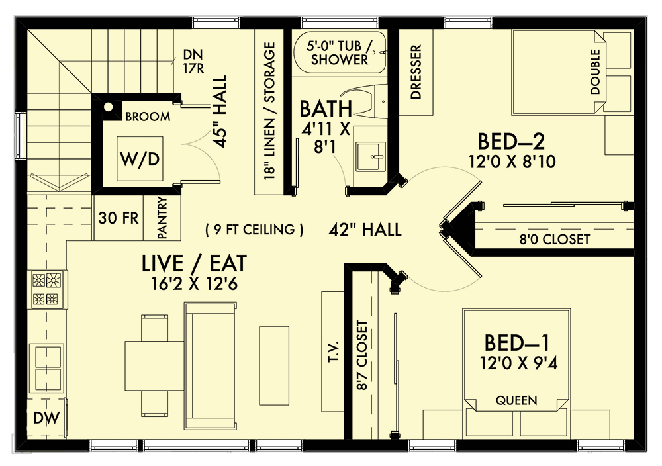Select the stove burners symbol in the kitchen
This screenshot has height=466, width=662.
point(48,289)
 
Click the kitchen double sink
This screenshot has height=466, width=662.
point(48,367)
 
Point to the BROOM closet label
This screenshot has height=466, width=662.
point(147,117)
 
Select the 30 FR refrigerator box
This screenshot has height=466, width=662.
point(116,218)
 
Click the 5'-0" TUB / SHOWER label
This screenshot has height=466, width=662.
point(340,53)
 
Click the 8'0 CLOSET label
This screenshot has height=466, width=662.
point(555,239)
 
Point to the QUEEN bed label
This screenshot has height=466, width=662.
point(517,400)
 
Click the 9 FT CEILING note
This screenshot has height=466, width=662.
point(254,230)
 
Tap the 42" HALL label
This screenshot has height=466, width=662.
point(365,230)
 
